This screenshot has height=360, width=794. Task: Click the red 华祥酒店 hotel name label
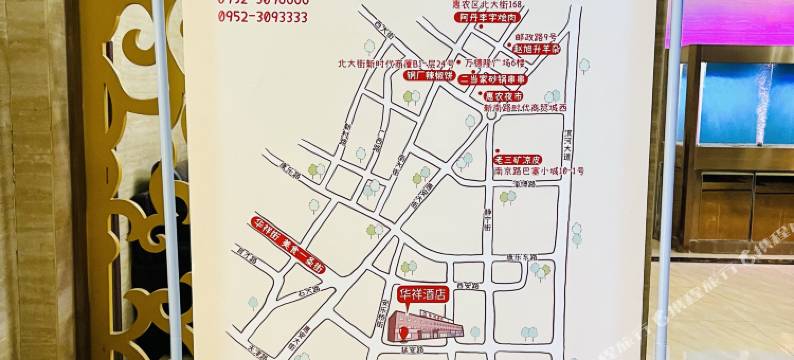[424, 296]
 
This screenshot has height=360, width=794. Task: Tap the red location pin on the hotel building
[404, 332]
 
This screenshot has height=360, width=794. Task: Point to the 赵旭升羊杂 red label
[538, 48]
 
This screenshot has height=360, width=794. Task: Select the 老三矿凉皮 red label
[518, 159]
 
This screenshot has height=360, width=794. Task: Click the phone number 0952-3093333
[262, 17]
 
